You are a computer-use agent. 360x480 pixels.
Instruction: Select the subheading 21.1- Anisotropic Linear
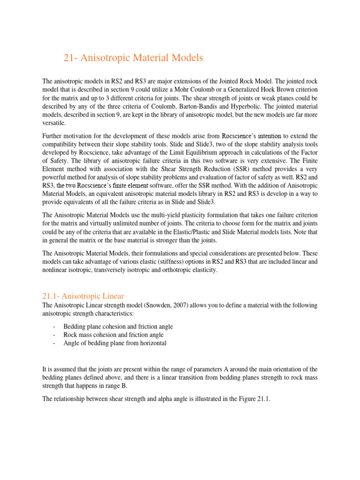83,296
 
